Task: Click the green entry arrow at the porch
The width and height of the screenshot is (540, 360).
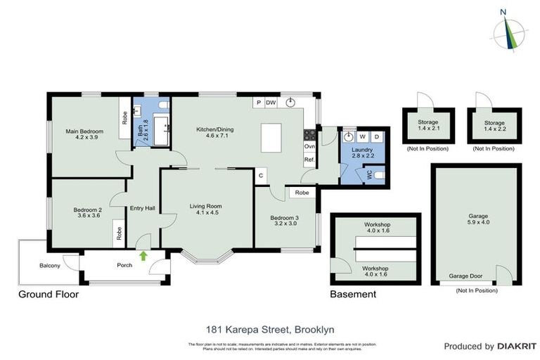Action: [143, 256]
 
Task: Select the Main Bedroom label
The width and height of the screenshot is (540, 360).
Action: [84, 131]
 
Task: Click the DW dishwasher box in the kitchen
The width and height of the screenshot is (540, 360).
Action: [271, 103]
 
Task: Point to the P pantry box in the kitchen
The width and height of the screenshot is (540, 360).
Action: [259, 103]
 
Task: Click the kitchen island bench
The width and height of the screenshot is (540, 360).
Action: [276, 137]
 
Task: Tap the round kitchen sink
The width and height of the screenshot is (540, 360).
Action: [291, 102]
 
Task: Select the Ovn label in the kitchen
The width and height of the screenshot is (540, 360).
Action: [309, 146]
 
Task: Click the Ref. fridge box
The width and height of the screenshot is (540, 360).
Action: [309, 160]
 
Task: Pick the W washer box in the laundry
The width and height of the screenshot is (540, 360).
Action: [363, 136]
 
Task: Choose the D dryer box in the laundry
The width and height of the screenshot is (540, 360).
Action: [377, 136]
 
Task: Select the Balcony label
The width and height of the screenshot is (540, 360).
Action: [50, 266]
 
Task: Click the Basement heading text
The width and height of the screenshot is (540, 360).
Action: [353, 294]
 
